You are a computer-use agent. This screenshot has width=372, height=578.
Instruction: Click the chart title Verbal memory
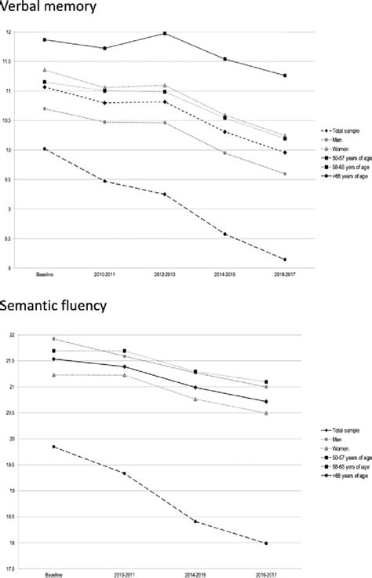click(49, 8)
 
